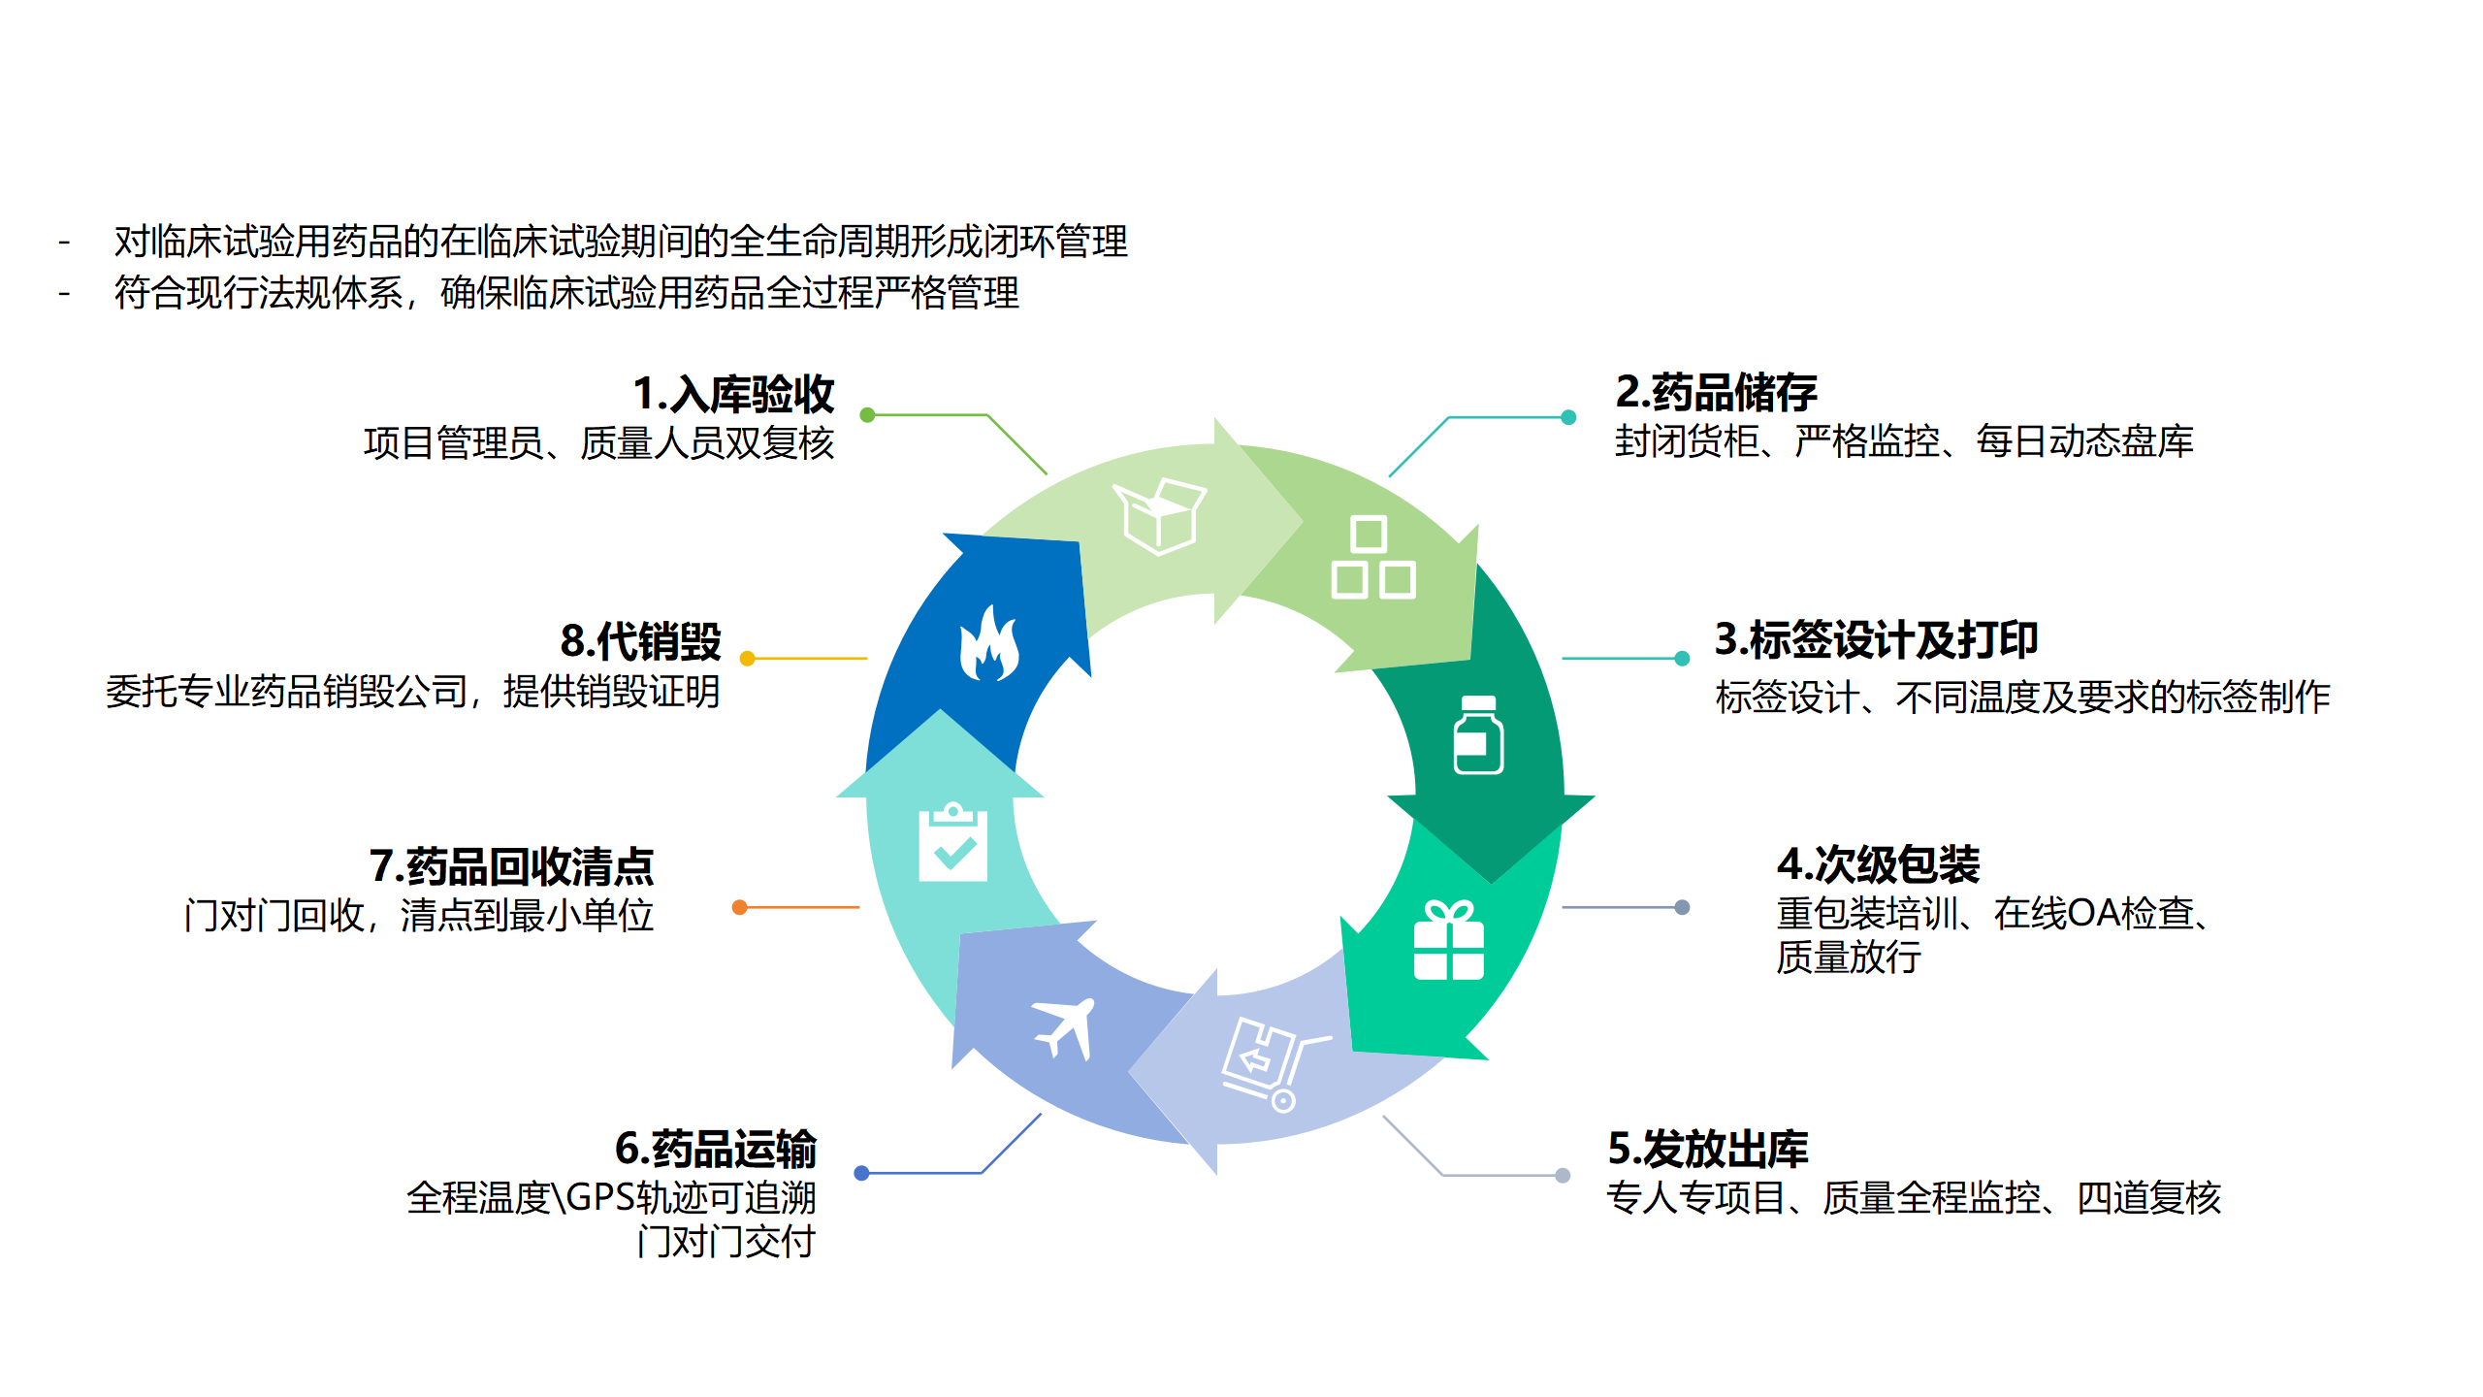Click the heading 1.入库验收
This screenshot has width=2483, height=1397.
point(733,395)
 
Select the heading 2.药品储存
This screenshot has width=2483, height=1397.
point(1716,392)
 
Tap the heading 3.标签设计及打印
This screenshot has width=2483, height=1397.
point(1876,640)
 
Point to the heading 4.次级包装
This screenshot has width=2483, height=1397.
point(1878,864)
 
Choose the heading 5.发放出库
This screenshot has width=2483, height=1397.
point(1708,1150)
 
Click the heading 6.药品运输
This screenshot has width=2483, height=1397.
point(716,1150)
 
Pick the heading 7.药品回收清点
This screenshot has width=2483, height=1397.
point(511,866)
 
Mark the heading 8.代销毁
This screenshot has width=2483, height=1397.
point(641,641)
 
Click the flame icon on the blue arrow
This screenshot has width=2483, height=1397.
point(988,644)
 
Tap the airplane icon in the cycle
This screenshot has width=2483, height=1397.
point(1065,1027)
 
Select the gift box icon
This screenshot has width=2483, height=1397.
point(1448,940)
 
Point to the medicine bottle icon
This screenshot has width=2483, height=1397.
point(1478,735)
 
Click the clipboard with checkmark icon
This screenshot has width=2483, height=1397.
point(952,842)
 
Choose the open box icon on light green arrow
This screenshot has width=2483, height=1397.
point(1159,516)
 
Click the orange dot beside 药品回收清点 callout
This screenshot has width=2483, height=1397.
point(740,907)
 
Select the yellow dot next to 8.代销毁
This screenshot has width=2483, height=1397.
point(747,659)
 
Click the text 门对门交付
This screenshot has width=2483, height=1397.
point(726,1242)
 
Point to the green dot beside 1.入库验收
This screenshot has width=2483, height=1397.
point(868,415)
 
